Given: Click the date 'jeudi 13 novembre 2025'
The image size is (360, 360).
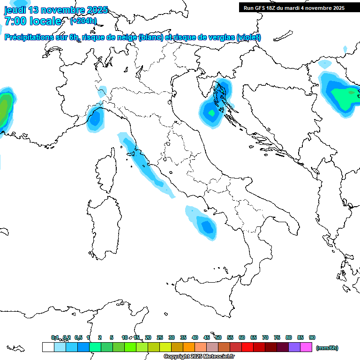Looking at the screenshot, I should tap(56, 10).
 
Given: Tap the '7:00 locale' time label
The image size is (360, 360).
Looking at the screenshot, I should tap(33, 21).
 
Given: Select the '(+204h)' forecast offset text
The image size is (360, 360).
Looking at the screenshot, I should tap(83, 21).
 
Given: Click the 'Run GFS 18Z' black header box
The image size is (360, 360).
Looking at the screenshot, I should tap(294, 8).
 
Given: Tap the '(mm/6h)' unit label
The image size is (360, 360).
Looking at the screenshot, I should tap(327, 348).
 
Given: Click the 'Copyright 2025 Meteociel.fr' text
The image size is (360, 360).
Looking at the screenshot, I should tap(199, 357).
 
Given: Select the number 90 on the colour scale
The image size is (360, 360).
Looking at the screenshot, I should tap(312, 337).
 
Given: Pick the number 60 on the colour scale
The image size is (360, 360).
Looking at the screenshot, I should tap(242, 337).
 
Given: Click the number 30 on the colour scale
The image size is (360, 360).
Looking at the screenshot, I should tap(172, 337).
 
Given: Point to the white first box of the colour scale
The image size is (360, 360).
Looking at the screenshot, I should tap(48, 347).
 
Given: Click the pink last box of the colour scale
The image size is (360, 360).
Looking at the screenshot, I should tap(306, 347).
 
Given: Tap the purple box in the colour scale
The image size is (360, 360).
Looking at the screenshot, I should tap(294, 347).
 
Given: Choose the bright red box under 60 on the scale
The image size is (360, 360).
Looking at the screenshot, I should tap(247, 347).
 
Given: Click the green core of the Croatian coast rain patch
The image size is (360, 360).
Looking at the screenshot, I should tap(212, 113).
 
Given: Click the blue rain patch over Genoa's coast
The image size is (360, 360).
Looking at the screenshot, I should tap(95, 118).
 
